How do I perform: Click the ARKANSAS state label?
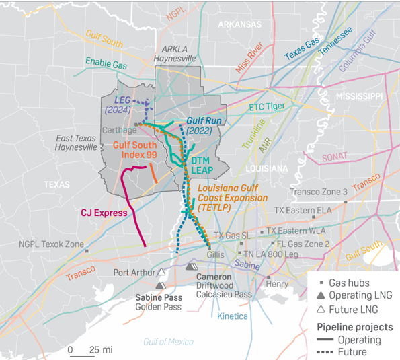point(239,24)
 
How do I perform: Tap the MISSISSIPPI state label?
point(360,96)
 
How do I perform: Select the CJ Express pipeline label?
point(104,213)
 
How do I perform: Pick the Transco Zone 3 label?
point(318,192)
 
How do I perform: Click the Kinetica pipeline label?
point(233,316)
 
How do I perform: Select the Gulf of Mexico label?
point(167,342)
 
